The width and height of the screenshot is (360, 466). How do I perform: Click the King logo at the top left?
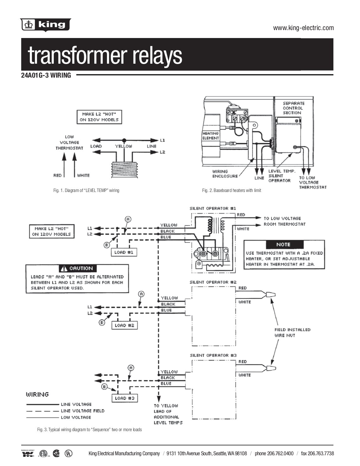click(x=46, y=25)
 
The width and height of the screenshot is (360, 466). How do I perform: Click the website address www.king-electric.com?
click(x=303, y=28)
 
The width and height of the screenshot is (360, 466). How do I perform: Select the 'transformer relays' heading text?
click(x=105, y=55)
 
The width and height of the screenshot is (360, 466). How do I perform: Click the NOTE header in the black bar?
click(x=283, y=245)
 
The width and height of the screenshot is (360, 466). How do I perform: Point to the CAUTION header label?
click(x=78, y=268)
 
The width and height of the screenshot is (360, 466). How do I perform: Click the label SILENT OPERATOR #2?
click(x=213, y=282)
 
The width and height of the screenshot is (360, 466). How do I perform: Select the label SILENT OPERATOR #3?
click(x=213, y=355)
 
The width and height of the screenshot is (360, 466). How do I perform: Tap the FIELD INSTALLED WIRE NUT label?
click(x=292, y=332)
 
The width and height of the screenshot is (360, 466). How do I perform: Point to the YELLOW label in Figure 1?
click(x=123, y=146)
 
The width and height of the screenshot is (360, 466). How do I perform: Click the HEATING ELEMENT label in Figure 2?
click(x=211, y=136)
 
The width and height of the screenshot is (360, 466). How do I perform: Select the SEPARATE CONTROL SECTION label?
click(x=293, y=108)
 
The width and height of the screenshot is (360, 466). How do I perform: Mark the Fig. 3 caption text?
click(x=89, y=430)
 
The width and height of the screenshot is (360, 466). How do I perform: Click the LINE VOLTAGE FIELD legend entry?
click(x=82, y=411)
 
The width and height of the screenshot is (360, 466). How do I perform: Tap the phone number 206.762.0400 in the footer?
click(x=274, y=453)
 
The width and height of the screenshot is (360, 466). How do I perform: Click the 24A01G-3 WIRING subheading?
click(x=46, y=75)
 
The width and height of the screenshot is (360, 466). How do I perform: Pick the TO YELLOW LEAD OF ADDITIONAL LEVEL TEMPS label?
click(x=168, y=414)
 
